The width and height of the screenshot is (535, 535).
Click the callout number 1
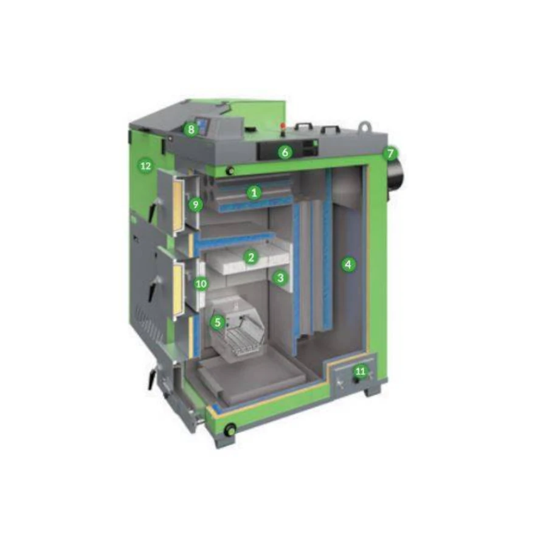click(254, 193)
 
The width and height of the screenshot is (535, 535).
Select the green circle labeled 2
click(251, 257)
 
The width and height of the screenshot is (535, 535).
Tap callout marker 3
click(280, 278)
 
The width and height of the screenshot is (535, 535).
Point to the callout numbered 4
click(348, 264)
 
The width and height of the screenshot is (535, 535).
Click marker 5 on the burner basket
click(218, 322)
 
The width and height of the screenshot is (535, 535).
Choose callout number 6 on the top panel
click(285, 152)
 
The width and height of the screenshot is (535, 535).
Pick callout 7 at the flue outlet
click(390, 154)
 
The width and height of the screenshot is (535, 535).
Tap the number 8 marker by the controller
click(191, 129)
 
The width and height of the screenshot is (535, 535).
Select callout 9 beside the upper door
click(196, 205)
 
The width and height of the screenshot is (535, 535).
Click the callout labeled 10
click(201, 284)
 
